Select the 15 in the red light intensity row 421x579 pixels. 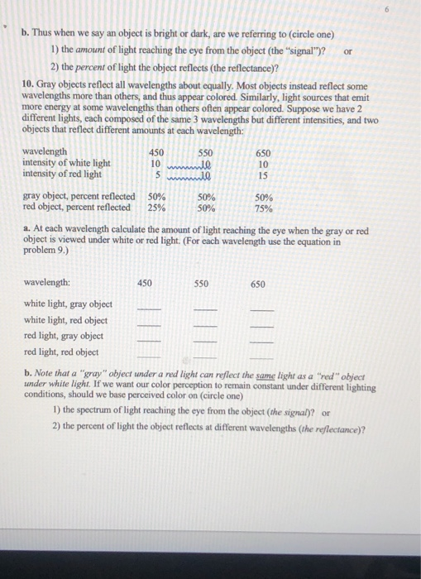263,175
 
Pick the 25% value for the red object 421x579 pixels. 155,208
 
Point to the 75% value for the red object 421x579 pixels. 263,208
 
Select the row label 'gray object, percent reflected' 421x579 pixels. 79,197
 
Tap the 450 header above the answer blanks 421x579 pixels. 145,283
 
